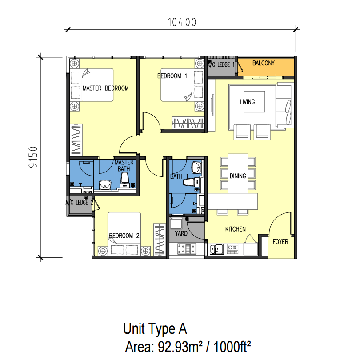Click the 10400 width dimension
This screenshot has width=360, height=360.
tap(182, 22)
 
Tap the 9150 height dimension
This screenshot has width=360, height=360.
tap(33, 157)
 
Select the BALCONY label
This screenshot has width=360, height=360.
tap(264, 63)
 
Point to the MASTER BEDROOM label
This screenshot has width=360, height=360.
tap(105, 88)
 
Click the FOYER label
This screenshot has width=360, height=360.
tap(280, 241)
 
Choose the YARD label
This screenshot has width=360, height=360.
tap(181, 233)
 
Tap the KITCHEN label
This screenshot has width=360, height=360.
tap(235, 229)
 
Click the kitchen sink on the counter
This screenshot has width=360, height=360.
tap(216, 249)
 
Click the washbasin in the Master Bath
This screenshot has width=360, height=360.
tap(105, 185)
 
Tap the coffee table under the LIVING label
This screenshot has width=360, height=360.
tap(254, 102)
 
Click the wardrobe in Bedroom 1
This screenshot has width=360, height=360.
tap(188, 123)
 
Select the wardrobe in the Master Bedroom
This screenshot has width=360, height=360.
tap(76, 140)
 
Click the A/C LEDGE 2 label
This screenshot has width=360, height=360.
tap(79, 203)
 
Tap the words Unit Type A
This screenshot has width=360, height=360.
tap(155, 328)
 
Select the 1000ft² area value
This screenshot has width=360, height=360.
tap(232, 347)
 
